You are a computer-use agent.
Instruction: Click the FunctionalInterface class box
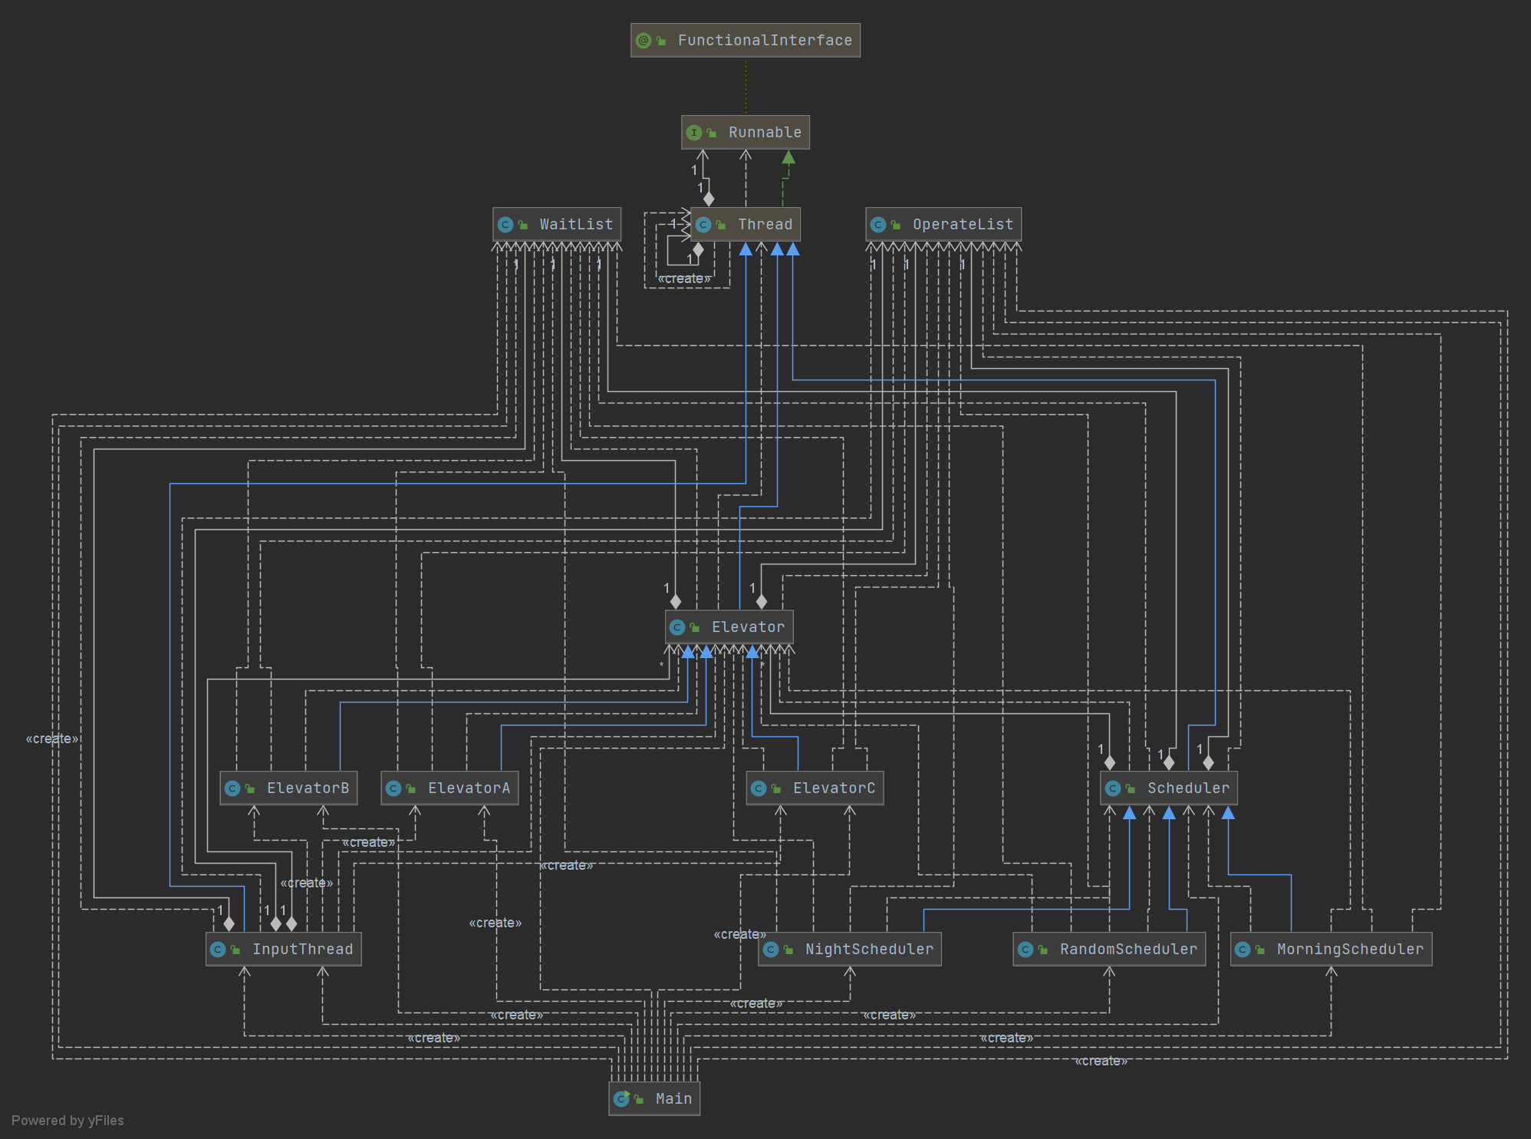[745, 41]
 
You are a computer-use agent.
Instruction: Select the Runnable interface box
[745, 133]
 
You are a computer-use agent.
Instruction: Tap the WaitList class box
[556, 225]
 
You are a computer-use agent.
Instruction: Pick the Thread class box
[745, 225]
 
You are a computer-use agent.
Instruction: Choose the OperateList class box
[943, 225]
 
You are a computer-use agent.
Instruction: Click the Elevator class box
[729, 627]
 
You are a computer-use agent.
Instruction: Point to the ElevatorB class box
[288, 788]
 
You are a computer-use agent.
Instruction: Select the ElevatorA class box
[449, 788]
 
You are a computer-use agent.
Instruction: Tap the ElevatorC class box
[815, 788]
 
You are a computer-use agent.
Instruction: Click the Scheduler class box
[1168, 788]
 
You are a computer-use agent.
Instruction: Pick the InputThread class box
[283, 950]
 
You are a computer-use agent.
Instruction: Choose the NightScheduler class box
[849, 950]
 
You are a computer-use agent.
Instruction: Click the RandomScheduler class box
[1108, 950]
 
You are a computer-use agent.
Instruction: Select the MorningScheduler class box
[1331, 950]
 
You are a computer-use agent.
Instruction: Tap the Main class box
[654, 1099]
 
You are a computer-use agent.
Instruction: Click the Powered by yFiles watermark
[67, 1121]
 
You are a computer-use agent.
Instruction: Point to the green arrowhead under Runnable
[789, 157]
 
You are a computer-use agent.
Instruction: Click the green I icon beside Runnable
[694, 133]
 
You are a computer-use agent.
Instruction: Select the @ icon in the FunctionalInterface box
[644, 41]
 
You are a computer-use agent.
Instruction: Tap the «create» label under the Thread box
[684, 278]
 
